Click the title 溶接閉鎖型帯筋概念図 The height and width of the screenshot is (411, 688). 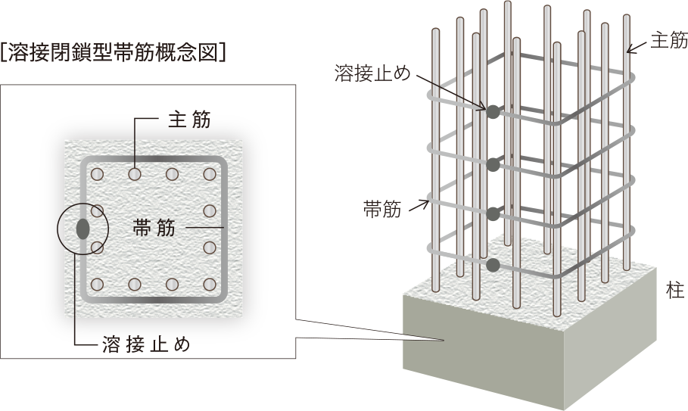[114, 52]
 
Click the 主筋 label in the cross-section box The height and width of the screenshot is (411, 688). [189, 120]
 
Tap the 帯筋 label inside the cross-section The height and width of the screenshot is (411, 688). [154, 228]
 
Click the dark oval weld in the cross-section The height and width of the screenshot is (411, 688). [82, 229]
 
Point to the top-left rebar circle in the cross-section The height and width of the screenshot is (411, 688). [97, 175]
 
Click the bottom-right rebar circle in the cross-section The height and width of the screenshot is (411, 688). [210, 285]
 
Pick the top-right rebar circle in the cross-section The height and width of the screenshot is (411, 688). [210, 175]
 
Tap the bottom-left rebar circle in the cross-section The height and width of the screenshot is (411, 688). [97, 285]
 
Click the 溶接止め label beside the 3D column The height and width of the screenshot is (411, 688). [372, 73]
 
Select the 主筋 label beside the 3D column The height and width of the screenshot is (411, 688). [668, 40]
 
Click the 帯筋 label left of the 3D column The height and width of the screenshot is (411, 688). [382, 210]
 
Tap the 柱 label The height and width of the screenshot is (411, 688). [675, 291]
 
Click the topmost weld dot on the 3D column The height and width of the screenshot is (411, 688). [493, 112]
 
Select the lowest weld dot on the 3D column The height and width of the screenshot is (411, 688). [493, 264]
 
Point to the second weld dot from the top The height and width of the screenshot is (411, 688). [493, 165]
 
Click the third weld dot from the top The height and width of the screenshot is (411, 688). [493, 214]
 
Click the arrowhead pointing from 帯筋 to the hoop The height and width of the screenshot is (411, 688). [425, 204]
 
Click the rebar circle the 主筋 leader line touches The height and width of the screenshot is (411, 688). [135, 175]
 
